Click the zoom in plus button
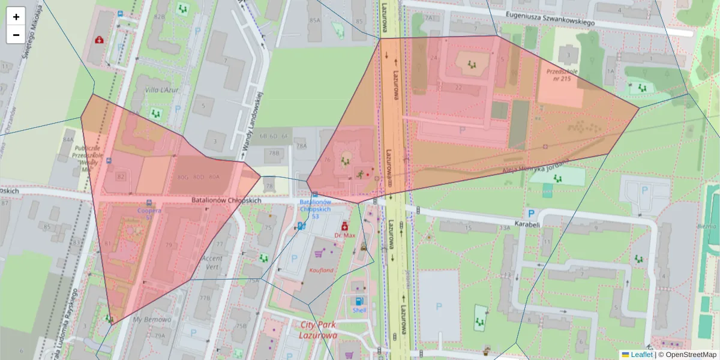tap(16, 17)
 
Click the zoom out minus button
tap(16, 35)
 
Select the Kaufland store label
tap(321, 271)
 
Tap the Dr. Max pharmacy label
tap(345, 236)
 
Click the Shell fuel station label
tap(359, 311)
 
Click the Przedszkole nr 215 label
tap(562, 74)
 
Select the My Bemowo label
tap(152, 319)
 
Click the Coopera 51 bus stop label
tap(149, 214)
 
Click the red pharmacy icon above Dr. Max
tap(345, 226)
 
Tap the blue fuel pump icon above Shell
tap(359, 301)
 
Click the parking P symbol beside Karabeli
tap(530, 213)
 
